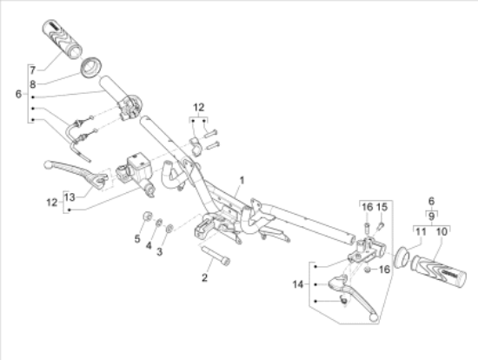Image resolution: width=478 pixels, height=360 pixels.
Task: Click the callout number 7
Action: [x=32, y=70]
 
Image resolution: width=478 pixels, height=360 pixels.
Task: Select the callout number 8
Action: [x=32, y=84]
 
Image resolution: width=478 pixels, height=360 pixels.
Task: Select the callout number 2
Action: [x=205, y=278]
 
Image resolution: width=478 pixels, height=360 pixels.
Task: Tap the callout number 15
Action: [x=382, y=206]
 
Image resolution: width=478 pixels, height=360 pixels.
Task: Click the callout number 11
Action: [x=420, y=231]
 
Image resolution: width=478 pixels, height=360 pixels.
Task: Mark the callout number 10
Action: [x=442, y=231]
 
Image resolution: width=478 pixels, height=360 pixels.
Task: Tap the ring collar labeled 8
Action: [x=91, y=66]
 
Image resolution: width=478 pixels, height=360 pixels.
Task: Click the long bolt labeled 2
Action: [x=216, y=256]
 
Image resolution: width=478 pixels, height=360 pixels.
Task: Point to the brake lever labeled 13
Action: [x=70, y=171]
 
